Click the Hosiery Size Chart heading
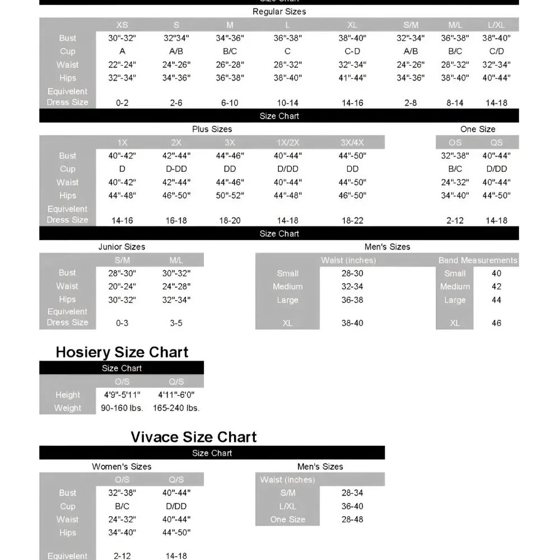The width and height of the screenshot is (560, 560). tap(122, 352)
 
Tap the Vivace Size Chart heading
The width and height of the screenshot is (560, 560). tap(194, 437)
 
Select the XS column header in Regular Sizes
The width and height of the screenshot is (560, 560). tap(122, 25)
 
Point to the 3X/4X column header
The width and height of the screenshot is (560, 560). tap(352, 142)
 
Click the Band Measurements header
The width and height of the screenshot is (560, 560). tap(478, 260)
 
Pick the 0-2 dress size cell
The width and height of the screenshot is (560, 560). tap(122, 103)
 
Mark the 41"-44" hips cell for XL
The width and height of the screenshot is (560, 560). tap(352, 78)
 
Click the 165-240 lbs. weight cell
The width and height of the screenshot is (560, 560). tap(176, 408)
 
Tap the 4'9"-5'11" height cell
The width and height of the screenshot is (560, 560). tap(122, 395)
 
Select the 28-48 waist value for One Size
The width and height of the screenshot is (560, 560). tap(352, 519)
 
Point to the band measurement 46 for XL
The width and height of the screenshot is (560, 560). tap(496, 323)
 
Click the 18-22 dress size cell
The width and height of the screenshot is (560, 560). tap(352, 221)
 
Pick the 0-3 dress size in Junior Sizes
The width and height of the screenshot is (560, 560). tap(122, 323)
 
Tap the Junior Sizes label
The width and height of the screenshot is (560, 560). tap(122, 247)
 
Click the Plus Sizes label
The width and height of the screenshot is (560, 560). tap(212, 129)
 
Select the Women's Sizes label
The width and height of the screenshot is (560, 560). tap(122, 466)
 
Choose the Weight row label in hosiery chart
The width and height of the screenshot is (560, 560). tap(68, 408)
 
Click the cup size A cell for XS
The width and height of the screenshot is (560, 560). tap(122, 52)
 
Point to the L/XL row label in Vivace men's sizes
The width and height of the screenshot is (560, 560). tap(287, 506)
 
